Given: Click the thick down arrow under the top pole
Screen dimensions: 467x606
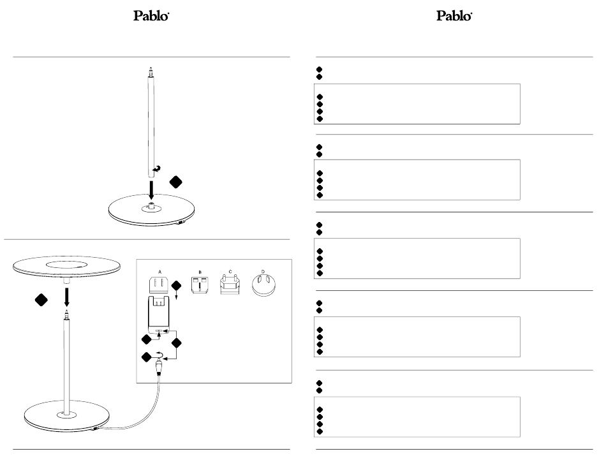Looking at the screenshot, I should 151,189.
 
